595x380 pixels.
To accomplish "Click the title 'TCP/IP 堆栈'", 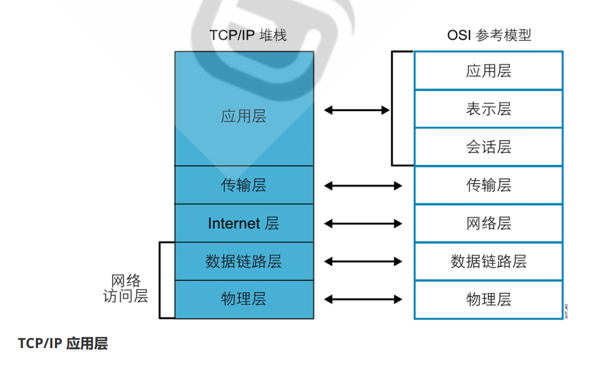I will [x=248, y=35].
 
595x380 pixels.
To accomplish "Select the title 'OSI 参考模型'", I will [x=488, y=35].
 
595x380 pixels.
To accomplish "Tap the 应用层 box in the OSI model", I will [x=488, y=71].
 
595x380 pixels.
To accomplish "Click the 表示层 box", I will [x=488, y=109].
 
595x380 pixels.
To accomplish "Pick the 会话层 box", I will [x=488, y=147].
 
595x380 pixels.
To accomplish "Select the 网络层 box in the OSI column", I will [x=488, y=223].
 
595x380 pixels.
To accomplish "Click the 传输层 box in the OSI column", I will [x=488, y=185].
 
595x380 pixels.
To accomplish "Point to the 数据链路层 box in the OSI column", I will [x=488, y=261].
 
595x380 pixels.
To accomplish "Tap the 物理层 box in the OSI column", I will [x=488, y=299].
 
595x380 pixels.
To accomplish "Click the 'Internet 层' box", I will [x=244, y=223].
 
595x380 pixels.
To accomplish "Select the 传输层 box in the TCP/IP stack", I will [x=244, y=185].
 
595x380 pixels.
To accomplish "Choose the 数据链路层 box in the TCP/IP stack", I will [x=244, y=261].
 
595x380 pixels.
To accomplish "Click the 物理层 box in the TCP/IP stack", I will [x=244, y=299].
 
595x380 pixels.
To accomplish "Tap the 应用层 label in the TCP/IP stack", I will [x=243, y=116].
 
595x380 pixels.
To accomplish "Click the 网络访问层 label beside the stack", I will [x=126, y=288].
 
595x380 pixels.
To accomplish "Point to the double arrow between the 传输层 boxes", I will [x=363, y=186].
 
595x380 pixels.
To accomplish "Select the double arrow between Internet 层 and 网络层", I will [x=363, y=224].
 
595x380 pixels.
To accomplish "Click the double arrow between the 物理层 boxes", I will [x=363, y=300].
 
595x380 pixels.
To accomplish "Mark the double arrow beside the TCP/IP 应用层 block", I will [x=357, y=110].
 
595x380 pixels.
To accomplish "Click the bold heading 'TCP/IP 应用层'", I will [x=63, y=344].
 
